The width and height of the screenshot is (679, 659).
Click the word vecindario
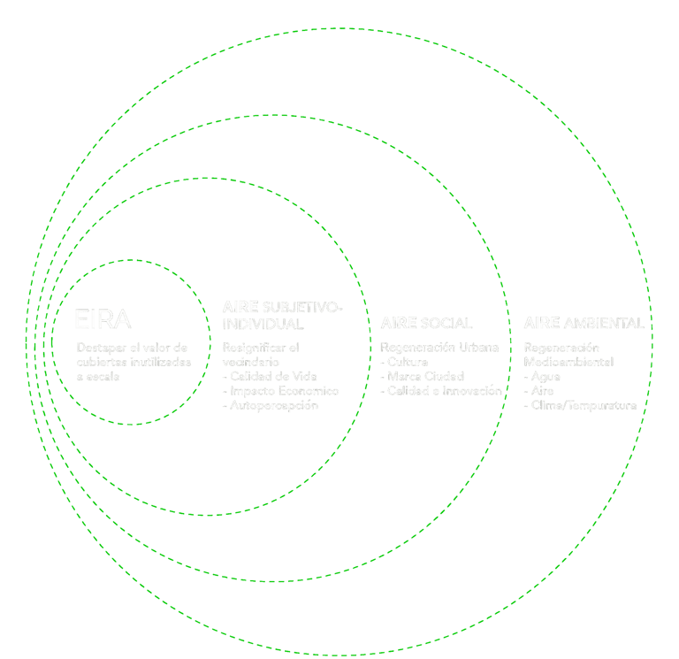pyautogui.click(x=251, y=362)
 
